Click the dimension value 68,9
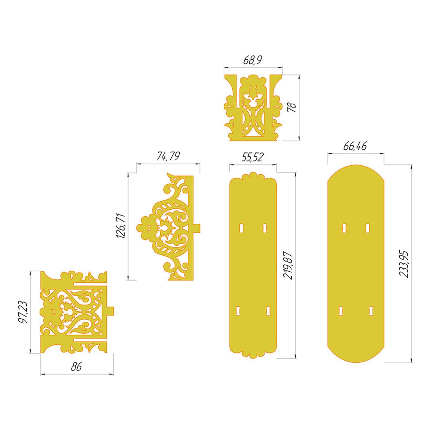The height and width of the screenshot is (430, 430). [252, 60]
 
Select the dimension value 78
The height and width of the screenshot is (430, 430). [292, 107]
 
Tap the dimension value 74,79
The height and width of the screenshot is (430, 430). [168, 156]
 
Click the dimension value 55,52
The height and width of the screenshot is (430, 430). [252, 157]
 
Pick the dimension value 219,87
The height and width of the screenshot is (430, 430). [288, 265]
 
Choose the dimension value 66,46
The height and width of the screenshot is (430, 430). [355, 146]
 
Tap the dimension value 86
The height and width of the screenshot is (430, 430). [76, 367]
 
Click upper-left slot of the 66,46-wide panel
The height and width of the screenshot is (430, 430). [344, 228]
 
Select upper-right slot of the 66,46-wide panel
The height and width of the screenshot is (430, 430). [367, 228]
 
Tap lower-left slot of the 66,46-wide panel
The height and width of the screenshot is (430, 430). [341, 311]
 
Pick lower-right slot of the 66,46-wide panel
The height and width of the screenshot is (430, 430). [371, 311]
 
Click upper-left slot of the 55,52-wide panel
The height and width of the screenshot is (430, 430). [241, 228]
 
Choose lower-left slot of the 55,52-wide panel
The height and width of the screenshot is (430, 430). [238, 311]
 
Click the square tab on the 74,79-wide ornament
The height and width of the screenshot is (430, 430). [197, 228]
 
